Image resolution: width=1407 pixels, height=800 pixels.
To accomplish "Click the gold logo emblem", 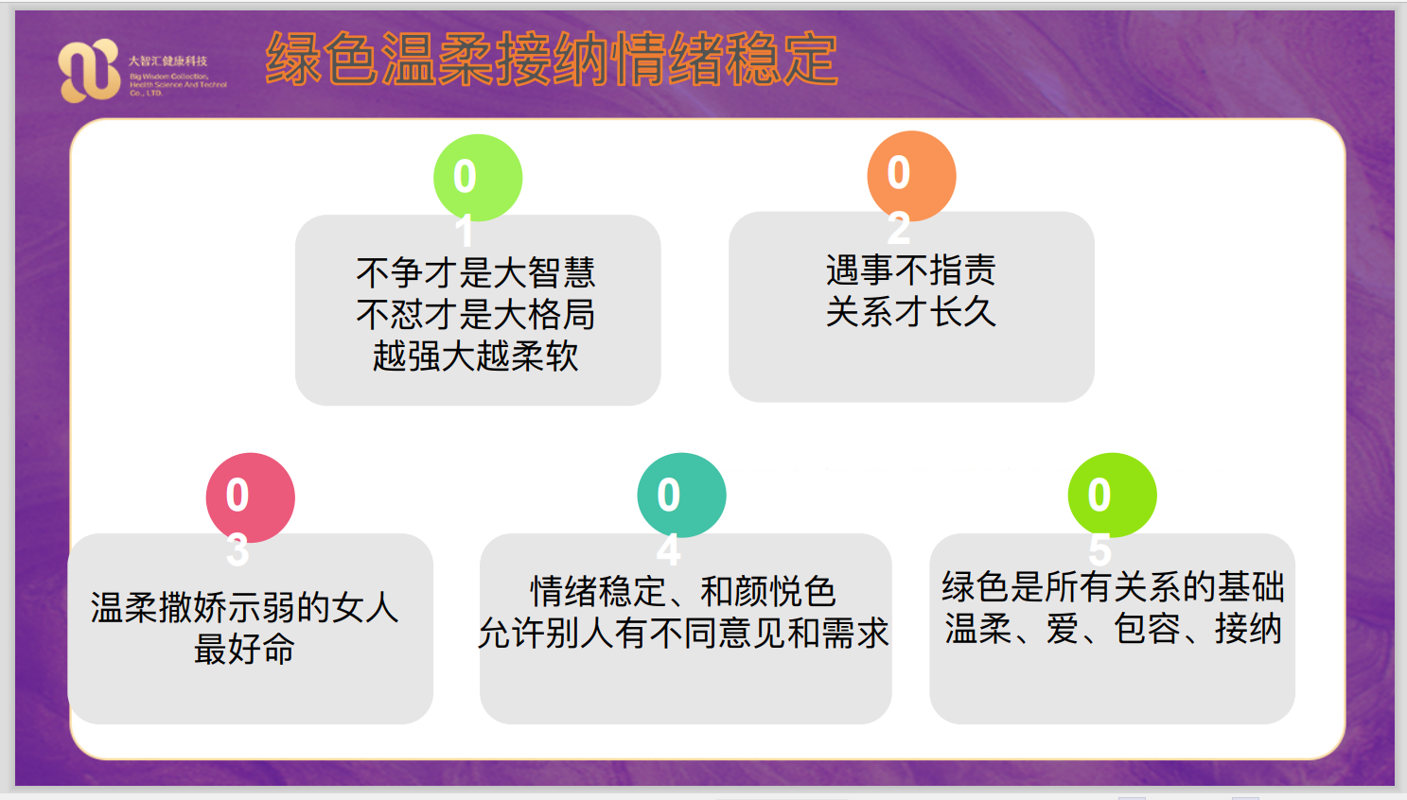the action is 89,70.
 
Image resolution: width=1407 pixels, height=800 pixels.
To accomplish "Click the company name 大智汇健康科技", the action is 167,61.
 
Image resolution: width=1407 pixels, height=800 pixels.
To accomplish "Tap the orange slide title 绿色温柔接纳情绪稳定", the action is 552,59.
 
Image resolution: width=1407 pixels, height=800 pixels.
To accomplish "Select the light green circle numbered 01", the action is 478,178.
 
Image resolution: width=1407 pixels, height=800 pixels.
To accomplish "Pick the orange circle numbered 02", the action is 911,175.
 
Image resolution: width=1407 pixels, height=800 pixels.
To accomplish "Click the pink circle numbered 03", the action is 251,497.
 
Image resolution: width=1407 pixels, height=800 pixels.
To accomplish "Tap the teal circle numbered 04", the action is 681,496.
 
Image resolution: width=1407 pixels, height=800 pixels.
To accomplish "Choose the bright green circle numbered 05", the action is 1113,496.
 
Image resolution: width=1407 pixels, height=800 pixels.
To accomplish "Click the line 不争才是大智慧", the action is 476,272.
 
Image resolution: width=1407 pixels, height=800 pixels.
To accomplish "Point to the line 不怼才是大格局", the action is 476,314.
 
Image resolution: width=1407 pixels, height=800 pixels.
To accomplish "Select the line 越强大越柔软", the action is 476,357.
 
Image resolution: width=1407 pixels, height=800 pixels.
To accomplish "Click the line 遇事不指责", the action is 911,270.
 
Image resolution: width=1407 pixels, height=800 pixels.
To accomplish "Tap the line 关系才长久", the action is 911,311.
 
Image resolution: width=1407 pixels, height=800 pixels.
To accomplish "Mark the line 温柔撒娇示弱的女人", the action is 244,607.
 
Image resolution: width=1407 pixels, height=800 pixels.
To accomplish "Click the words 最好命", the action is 244,649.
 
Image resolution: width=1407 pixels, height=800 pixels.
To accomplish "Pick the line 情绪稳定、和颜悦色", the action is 683,592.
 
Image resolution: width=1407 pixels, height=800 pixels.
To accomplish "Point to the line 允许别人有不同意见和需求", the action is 683,633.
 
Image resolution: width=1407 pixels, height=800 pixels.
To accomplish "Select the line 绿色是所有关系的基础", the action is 1113,587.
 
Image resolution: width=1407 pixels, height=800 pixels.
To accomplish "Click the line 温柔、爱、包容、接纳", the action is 1113,629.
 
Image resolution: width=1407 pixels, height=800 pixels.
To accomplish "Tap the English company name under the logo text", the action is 178,85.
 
